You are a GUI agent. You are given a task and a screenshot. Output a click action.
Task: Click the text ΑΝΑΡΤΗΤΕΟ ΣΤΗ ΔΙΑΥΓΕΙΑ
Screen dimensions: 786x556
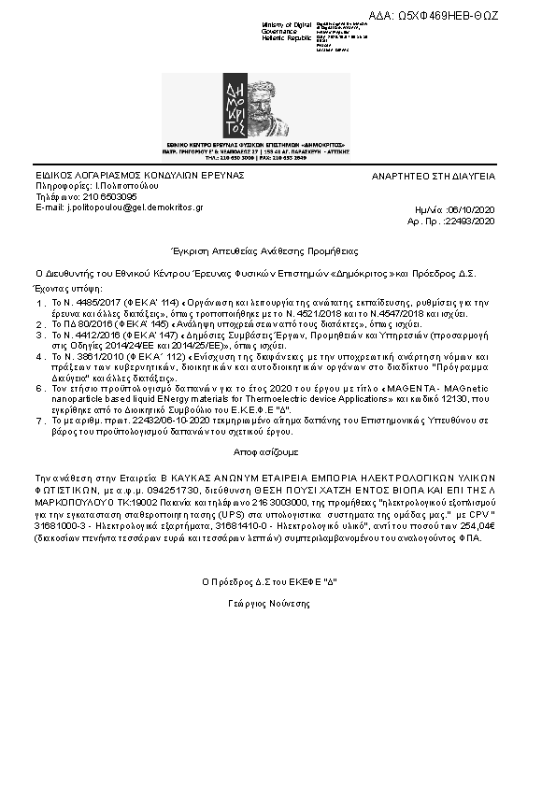pos(434,176)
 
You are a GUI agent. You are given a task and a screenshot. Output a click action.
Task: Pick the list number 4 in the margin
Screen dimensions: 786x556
pos(39,356)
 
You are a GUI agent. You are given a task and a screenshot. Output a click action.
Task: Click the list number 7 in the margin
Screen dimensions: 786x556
pos(39,421)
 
